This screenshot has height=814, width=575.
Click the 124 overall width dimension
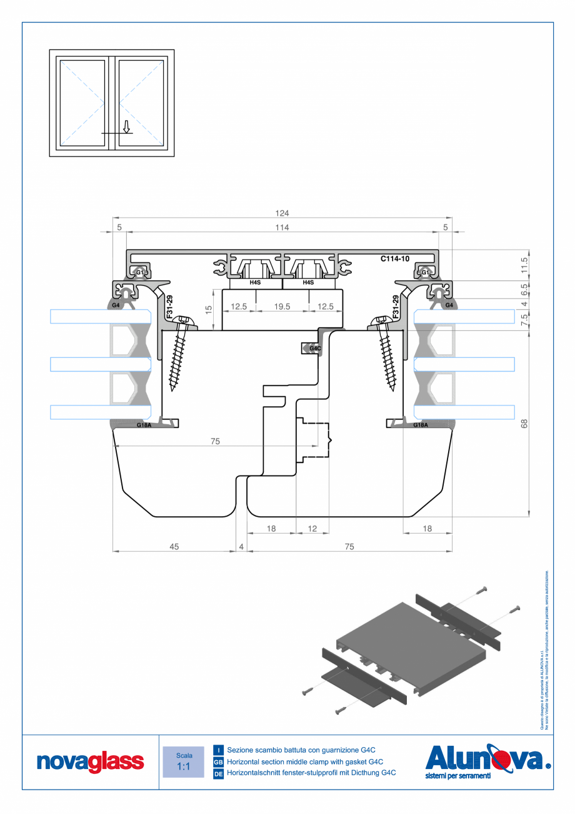[282, 213]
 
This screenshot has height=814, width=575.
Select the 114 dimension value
[282, 228]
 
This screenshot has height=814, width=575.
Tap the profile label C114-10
[396, 258]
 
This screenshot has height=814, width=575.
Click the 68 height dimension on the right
[524, 423]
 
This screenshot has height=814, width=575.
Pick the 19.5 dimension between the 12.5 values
[282, 307]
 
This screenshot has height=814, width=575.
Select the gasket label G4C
[316, 348]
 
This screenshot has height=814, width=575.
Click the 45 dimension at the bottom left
[174, 546]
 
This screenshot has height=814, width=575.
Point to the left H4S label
[255, 283]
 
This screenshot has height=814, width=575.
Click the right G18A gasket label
[421, 425]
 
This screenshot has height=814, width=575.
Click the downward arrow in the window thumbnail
[126, 127]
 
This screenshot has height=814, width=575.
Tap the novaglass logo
[90, 761]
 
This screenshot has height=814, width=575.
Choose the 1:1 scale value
[183, 766]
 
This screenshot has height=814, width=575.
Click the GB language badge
[219, 762]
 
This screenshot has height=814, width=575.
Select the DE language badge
[219, 774]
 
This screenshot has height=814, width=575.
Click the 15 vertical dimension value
[209, 307]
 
